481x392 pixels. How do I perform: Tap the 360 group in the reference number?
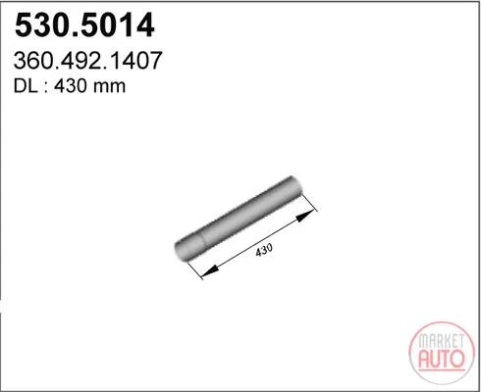point(31,61)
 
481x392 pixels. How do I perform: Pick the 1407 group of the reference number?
point(132,61)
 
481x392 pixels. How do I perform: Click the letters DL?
point(26,86)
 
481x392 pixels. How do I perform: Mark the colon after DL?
point(46,88)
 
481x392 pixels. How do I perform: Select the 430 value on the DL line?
point(71,86)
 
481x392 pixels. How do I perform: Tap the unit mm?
point(109,88)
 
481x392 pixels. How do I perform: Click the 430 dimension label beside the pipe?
point(264,250)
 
